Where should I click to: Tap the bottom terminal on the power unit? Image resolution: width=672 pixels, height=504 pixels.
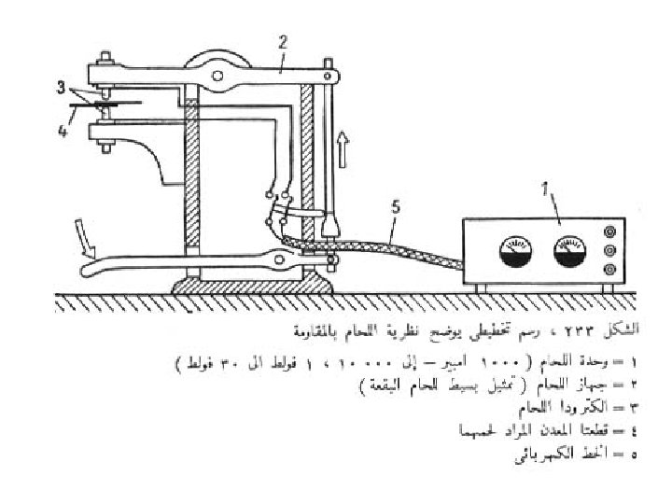tap(610, 271)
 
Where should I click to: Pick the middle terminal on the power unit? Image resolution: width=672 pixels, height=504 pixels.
tap(610, 250)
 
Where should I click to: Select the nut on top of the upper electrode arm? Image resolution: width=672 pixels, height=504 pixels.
tap(105, 62)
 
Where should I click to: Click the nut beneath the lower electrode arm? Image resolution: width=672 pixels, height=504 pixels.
tap(104, 145)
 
